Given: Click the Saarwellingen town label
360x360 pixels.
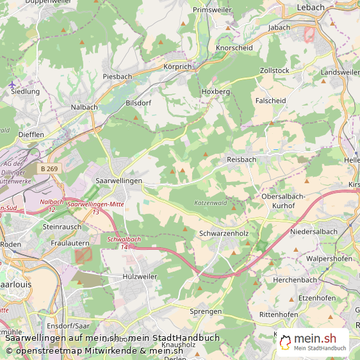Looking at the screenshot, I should point(119,182).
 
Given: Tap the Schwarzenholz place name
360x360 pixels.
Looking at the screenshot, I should point(224,234).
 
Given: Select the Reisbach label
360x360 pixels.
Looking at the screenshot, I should point(241,159).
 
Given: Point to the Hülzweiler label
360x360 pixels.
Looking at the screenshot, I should point(139,276).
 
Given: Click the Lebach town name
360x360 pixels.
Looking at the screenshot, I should point(311,8).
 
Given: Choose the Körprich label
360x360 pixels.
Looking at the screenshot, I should point(177,67).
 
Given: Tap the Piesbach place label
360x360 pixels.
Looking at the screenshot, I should point(117,76).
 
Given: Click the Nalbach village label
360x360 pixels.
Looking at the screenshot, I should point(83,107).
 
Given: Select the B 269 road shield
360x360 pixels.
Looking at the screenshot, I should point(47,168).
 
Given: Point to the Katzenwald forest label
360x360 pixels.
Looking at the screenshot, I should point(211,203).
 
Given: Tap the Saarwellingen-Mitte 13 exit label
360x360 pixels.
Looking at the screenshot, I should point(95,207).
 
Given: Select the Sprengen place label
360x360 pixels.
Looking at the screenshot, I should point(206,311).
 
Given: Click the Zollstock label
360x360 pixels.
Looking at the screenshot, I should point(275,70).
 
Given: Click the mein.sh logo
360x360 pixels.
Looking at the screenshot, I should point(313,340).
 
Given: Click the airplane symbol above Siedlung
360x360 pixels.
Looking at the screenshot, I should point(12,84).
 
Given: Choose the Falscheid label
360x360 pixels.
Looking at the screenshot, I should point(270,101).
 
